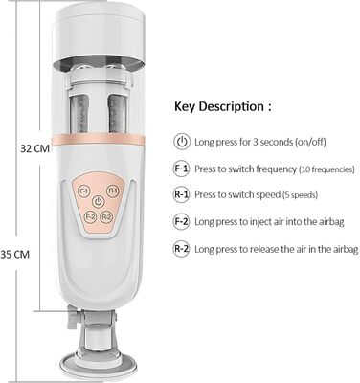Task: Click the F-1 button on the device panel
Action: [x=84, y=191]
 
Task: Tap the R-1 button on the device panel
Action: [x=112, y=191]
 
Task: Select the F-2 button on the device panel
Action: [x=90, y=217]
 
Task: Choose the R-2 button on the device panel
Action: [x=106, y=217]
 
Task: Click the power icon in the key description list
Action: [x=182, y=142]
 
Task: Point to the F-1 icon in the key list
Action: [x=182, y=169]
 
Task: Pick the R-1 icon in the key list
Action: [x=182, y=194]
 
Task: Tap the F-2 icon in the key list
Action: [x=182, y=221]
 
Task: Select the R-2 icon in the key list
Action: [x=182, y=249]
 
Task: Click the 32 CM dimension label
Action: [x=35, y=148]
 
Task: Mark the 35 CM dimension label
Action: [x=14, y=255]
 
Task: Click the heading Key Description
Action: [x=219, y=107]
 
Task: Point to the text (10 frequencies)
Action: [x=326, y=169]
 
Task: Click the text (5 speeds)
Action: [x=300, y=194]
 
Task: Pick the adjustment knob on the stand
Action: [x=73, y=317]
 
